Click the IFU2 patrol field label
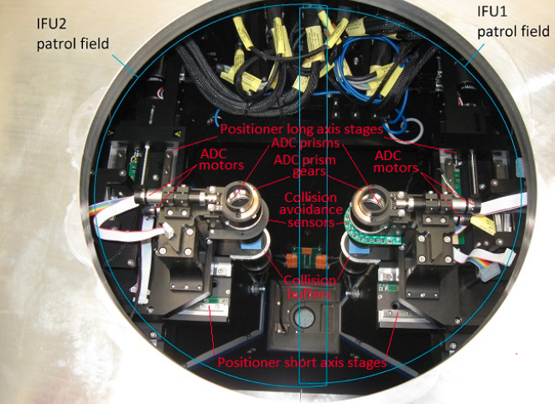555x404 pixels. pos(73,34)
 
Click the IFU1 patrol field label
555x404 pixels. pos(513,22)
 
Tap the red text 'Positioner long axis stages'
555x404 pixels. pos(302,129)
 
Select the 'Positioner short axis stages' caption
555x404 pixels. pos(302,362)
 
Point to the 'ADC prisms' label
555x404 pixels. pos(305,143)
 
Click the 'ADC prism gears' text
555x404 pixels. pos(305,166)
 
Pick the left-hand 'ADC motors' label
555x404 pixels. pos(221,159)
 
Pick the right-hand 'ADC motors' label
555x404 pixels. pos(396,161)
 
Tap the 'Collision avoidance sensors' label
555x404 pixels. pos(311,210)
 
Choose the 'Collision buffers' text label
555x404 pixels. pos(310,287)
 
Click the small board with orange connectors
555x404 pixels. pos(306,258)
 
